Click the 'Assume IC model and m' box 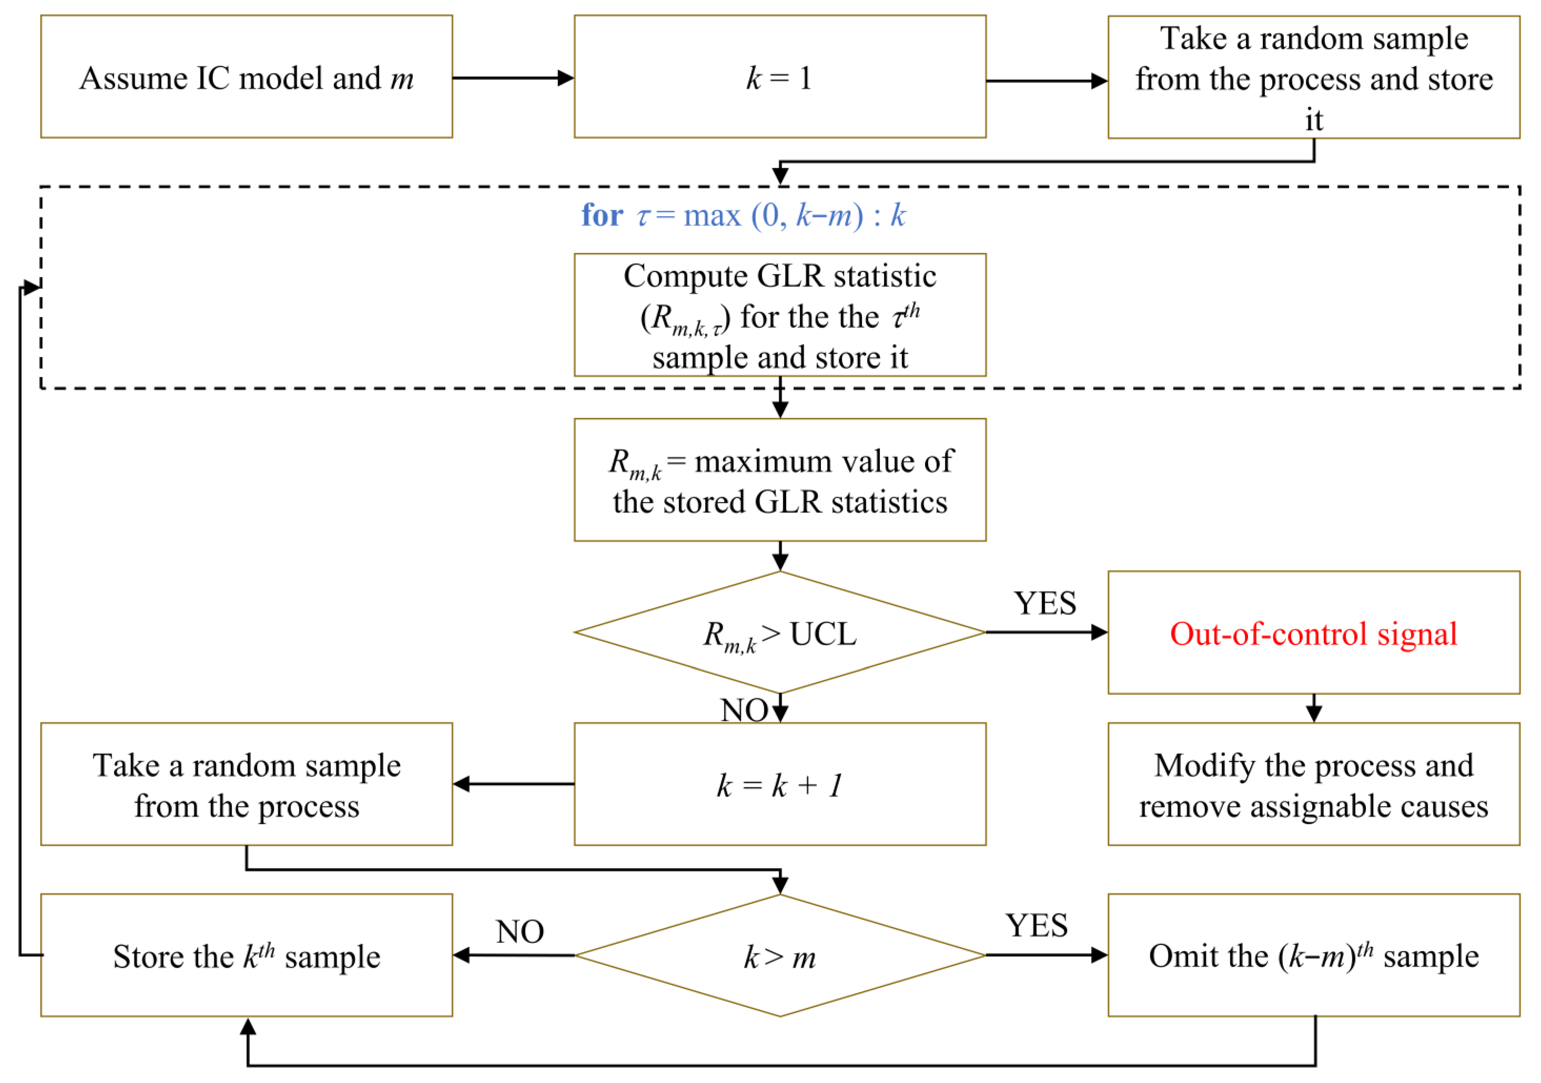(x=246, y=77)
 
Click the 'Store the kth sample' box (x=246, y=956)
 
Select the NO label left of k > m (x=520, y=931)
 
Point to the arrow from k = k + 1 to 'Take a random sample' (x=513, y=784)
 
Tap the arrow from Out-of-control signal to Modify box (x=1314, y=708)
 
